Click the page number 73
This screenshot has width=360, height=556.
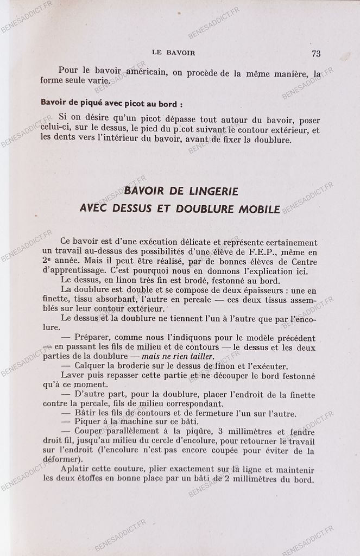click(x=316, y=53)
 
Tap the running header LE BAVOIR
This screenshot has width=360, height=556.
click(x=174, y=53)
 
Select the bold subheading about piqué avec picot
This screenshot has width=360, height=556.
click(x=111, y=103)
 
